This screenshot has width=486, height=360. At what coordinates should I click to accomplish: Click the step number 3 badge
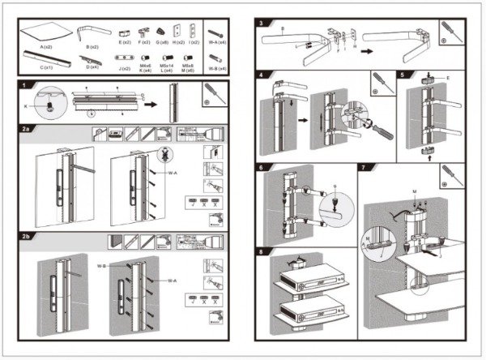pos(262,23)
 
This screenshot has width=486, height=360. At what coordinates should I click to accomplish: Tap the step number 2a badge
pos(26,128)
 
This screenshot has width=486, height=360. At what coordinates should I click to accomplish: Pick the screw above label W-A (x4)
pos(215,32)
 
